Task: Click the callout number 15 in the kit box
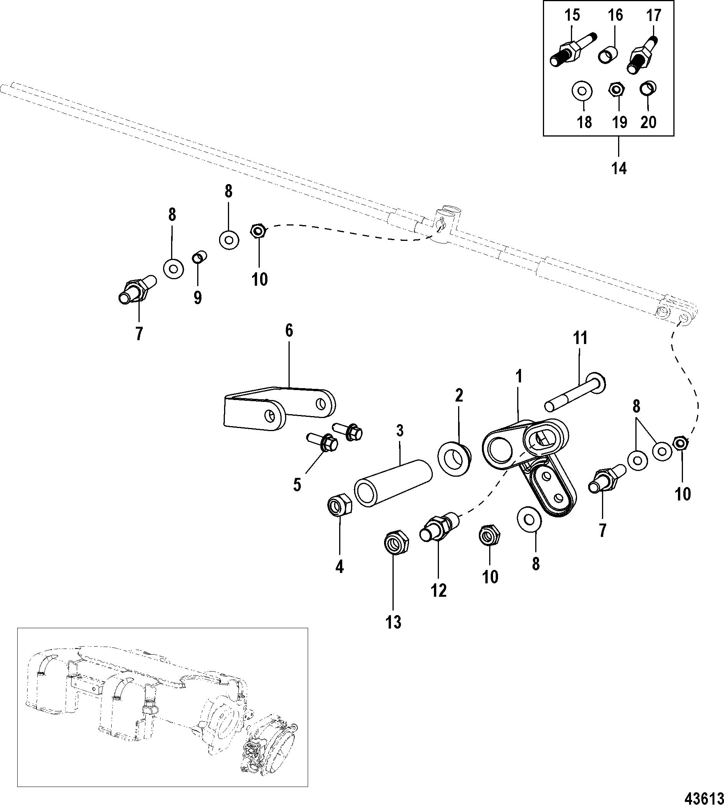click(x=572, y=15)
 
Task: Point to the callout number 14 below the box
click(x=619, y=168)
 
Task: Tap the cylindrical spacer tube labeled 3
click(x=393, y=483)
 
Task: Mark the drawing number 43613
click(x=704, y=796)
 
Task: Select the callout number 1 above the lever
click(x=518, y=376)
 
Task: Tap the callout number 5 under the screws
click(x=297, y=485)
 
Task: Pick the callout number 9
click(x=198, y=297)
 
